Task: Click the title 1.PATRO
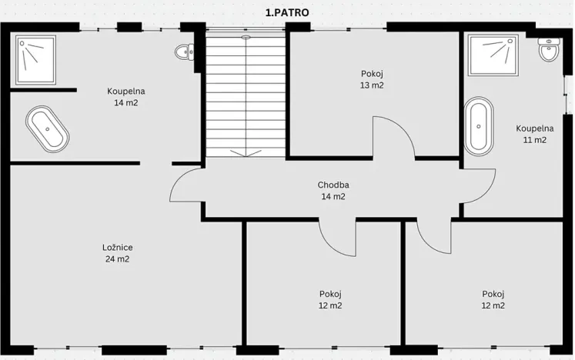[287, 12]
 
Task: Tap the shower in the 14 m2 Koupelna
[35, 60]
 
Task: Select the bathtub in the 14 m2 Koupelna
[47, 129]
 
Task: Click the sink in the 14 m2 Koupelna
[185, 52]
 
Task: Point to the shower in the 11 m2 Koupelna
[493, 55]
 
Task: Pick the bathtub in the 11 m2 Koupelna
[479, 126]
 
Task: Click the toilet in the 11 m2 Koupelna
[549, 49]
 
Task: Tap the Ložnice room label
[117, 248]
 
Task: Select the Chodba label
[333, 185]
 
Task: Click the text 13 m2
[372, 85]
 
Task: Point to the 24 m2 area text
[117, 259]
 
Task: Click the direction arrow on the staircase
[246, 152]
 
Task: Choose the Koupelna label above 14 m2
[126, 91]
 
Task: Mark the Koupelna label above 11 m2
[535, 128]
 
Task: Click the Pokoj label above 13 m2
[372, 74]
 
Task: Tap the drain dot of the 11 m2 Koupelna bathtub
[479, 126]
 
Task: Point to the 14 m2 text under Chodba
[333, 196]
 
